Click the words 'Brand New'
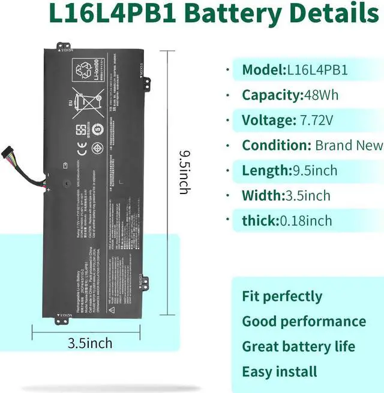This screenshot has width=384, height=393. (349, 145)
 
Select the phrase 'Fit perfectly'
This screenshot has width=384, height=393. (282, 296)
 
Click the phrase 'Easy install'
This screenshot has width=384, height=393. (280, 371)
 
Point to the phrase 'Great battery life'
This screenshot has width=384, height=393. (298, 346)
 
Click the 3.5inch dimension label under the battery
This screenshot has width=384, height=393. (89, 343)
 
